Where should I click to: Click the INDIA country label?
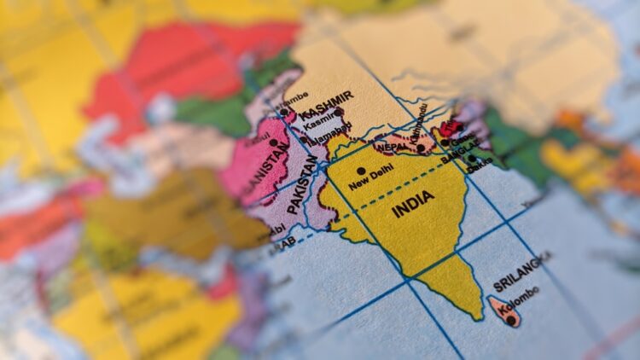click(414, 204)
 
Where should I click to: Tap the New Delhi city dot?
click(362, 171)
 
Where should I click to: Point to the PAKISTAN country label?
click(303, 183)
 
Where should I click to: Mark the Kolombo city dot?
click(510, 320)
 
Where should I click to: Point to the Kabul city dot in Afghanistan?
click(273, 143)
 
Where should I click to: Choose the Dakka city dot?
click(471, 158)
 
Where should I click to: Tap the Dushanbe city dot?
click(284, 111)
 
